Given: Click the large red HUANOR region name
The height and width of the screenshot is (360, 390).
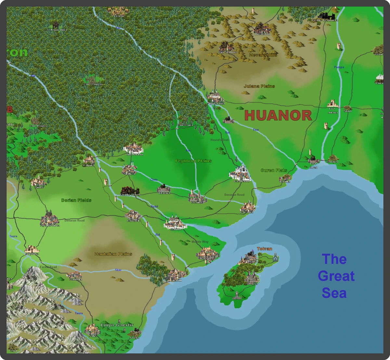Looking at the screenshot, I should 278,116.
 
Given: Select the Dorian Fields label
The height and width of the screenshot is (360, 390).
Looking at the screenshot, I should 76,200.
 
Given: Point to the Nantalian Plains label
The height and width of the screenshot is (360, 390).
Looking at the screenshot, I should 113,254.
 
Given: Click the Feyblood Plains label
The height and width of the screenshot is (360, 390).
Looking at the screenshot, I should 193,161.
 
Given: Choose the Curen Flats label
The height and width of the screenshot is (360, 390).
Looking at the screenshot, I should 274,170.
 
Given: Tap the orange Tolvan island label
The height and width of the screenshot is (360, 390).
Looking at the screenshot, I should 265,249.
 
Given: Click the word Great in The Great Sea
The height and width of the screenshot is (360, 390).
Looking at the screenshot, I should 336,276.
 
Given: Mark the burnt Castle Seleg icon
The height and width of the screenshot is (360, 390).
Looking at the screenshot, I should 130,190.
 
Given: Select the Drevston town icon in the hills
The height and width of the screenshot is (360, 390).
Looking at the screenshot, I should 262,27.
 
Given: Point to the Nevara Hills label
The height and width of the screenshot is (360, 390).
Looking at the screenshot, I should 263,55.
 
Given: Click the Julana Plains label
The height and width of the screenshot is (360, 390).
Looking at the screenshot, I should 259,86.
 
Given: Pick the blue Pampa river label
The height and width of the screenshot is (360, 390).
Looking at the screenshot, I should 339,67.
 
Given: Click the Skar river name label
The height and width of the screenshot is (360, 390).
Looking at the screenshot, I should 118,270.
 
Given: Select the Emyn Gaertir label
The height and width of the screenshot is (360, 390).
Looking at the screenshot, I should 117,325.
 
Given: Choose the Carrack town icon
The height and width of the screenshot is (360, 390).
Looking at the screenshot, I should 133,214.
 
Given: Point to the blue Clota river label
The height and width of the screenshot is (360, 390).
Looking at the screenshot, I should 154,180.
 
